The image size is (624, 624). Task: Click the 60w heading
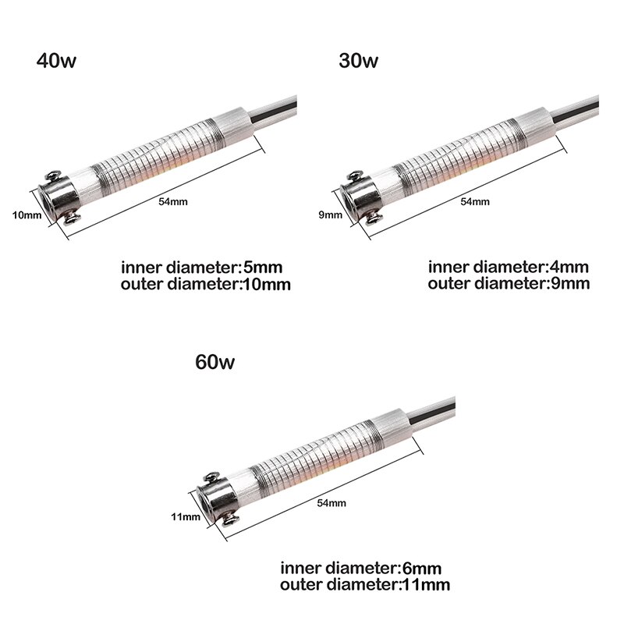coord(215,362)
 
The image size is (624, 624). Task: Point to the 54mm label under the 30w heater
coord(475,202)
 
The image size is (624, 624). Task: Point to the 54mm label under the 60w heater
coord(331,504)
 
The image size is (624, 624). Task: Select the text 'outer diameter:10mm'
coord(206,285)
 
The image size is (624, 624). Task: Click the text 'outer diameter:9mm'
coord(509,284)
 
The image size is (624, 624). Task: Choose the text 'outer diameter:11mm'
coord(366,583)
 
